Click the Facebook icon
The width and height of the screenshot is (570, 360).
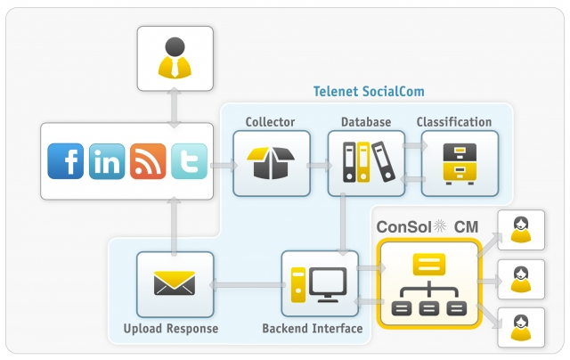point(66,161)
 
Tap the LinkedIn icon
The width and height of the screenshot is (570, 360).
point(107,161)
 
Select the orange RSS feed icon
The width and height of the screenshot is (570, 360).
point(148,161)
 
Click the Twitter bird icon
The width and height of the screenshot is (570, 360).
point(189,161)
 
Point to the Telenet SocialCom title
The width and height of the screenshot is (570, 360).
point(369,91)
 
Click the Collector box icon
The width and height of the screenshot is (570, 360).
point(272,164)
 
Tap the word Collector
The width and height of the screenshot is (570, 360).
point(270,122)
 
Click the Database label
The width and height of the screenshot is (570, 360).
point(365,122)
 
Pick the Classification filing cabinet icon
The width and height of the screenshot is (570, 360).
point(460,164)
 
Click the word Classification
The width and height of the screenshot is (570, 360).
point(454,122)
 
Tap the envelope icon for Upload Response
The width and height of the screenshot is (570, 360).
point(175,284)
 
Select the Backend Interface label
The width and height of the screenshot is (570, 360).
point(312,329)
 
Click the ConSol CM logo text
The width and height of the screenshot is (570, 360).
point(427,226)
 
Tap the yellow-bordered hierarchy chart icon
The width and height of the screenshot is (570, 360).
point(428,284)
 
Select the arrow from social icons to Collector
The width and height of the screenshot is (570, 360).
point(224,165)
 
